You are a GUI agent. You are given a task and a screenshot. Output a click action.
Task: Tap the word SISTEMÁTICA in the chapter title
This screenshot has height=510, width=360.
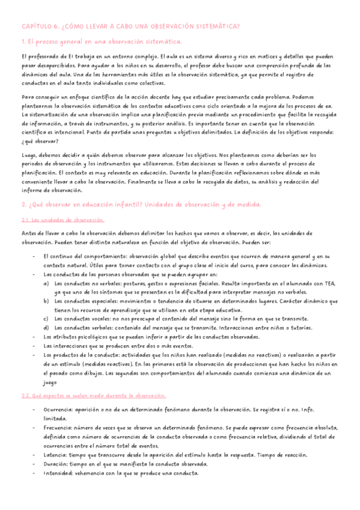coord(215,26)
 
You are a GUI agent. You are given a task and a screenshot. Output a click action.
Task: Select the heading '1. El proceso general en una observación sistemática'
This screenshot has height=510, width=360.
coord(101,41)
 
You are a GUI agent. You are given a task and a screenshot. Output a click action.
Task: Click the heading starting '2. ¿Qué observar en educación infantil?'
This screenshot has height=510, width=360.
coord(141,205)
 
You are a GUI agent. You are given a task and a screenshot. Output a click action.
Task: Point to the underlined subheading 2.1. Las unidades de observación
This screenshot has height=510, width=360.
coord(63,220)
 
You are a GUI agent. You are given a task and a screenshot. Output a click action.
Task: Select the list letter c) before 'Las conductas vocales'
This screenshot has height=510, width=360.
coord(46,319)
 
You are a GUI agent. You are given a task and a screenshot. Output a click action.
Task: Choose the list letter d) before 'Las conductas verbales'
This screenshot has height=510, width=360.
coord(46,328)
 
